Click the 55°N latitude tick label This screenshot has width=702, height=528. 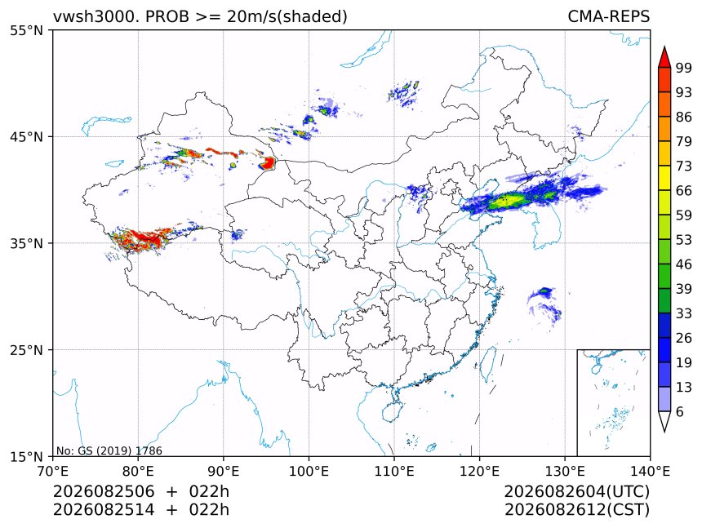click(26, 30)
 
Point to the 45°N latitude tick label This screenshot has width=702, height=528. click(26, 137)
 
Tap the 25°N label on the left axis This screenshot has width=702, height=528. click(26, 350)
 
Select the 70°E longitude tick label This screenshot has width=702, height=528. click(53, 471)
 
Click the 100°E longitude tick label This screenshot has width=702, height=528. click(309, 471)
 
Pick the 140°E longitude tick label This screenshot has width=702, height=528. click(650, 471)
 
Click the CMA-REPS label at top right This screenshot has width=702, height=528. click(608, 16)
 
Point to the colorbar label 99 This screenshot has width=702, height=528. click(684, 68)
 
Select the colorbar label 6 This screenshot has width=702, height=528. click(680, 411)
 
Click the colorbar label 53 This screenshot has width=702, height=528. click(684, 240)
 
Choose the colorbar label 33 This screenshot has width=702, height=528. click(684, 313)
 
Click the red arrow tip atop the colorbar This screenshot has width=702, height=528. click(664, 47)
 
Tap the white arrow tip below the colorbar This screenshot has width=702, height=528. click(664, 432)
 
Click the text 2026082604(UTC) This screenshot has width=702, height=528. click(576, 492)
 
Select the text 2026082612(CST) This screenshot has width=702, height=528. click(576, 510)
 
